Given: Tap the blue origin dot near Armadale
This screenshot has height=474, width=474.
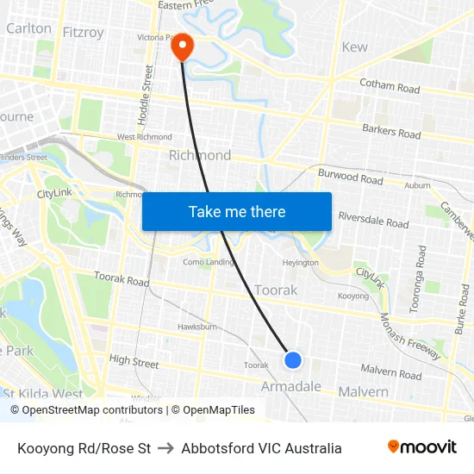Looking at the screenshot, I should coord(293,359).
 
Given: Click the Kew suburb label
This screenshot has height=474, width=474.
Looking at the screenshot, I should coord(354,47).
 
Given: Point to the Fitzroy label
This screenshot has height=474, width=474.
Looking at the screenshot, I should coord(83,32).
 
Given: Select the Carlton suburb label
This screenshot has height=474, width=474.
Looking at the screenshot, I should coord(28,28).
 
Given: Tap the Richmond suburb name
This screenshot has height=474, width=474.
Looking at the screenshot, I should coord(199,155).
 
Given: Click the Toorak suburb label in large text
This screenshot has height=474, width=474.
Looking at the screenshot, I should coord(276,290).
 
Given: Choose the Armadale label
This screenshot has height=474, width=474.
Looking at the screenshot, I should coord(291,387).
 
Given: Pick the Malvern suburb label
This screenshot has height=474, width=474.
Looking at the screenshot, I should coord(363,391).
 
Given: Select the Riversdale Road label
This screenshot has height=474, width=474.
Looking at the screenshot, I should coord(373,222).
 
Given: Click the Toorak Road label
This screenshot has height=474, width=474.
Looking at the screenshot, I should coord(122,280).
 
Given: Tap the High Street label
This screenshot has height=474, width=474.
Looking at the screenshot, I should coord(134,363).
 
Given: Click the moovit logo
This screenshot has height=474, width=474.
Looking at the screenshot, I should coord(421,447).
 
